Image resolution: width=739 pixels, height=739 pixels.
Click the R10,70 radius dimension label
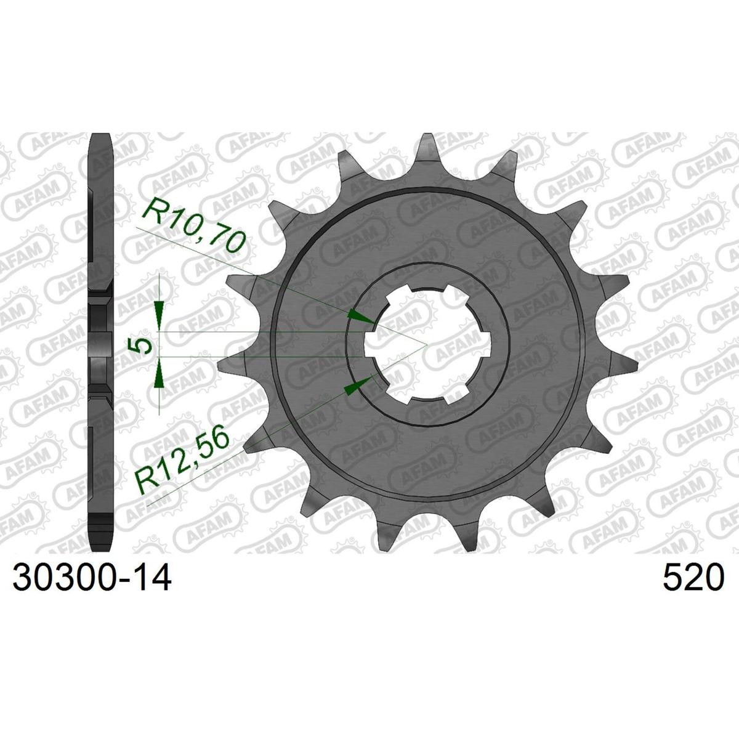(x=193, y=226)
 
